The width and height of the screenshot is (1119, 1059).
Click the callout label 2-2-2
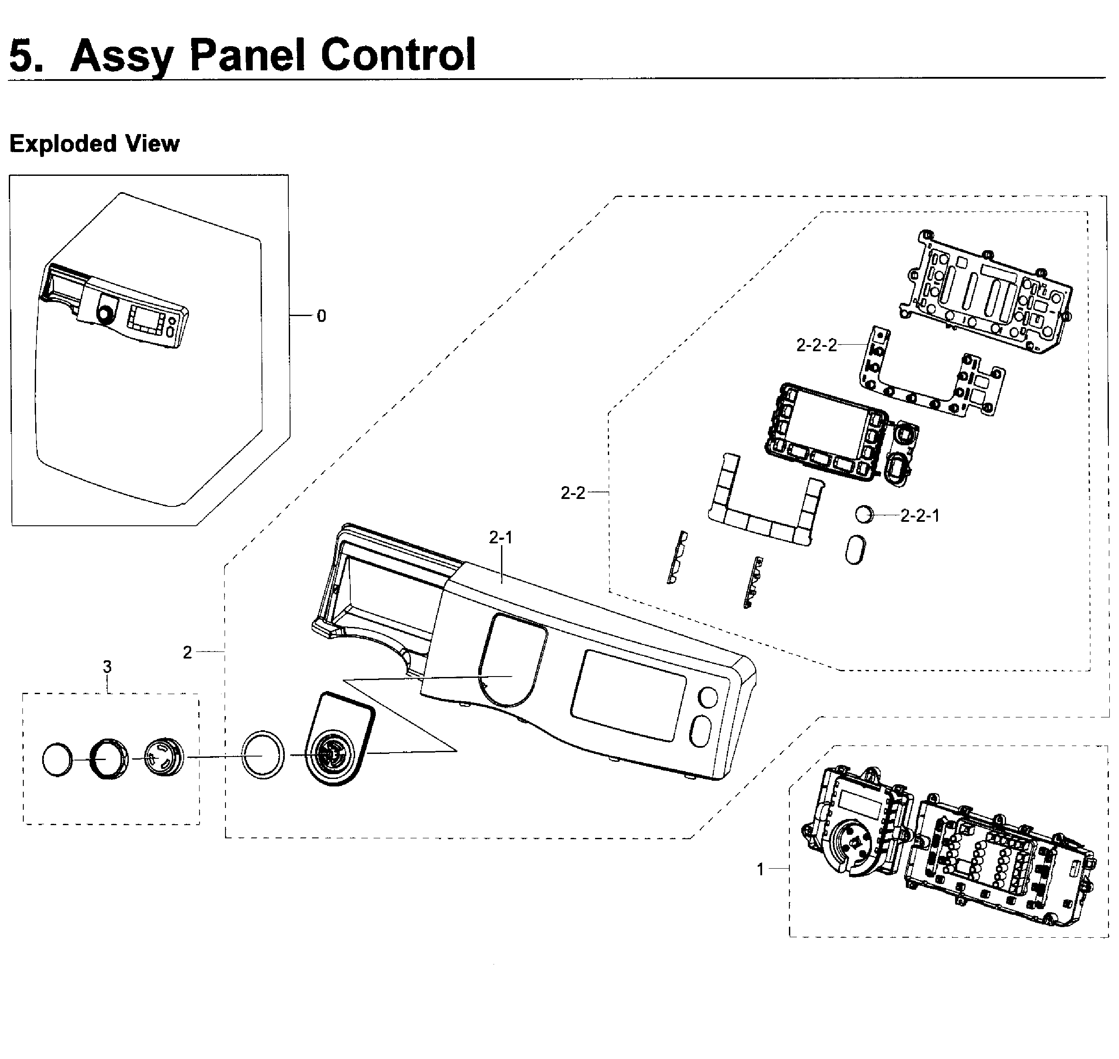coord(816,345)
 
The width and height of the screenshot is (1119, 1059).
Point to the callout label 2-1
coord(501,538)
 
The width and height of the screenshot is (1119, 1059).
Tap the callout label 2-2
coord(573,493)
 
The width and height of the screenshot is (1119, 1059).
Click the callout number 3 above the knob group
coord(107,667)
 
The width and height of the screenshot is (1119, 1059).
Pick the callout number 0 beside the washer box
coord(321,316)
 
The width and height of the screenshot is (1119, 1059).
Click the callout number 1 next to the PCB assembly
coord(760,870)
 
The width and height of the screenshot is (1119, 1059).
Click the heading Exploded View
coord(94,144)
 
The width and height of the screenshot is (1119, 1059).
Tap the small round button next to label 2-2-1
coord(863,514)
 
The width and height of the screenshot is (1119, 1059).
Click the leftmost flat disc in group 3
coord(58,760)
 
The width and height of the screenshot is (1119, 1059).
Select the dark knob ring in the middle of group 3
coord(109,759)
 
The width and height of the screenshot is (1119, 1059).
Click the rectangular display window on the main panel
coord(628,695)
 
